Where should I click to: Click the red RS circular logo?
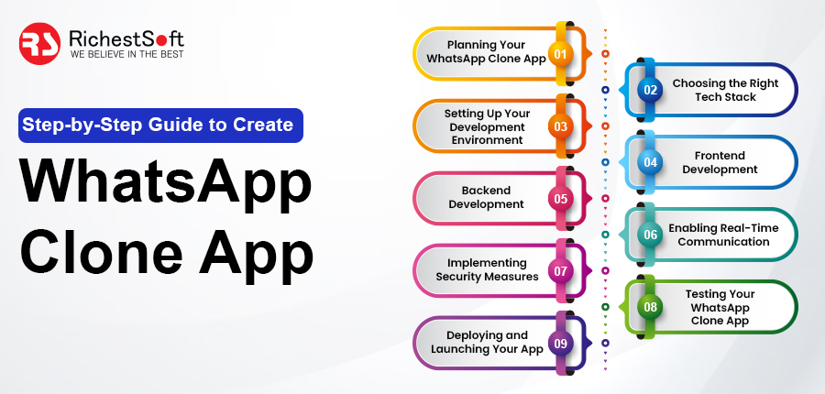(x=39, y=44)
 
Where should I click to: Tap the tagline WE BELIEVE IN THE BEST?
(x=126, y=54)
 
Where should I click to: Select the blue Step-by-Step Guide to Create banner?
(x=161, y=126)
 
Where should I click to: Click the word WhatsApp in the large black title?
(x=166, y=185)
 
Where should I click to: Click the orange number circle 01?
(x=560, y=54)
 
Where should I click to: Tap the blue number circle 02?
(x=650, y=90)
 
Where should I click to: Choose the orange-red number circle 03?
(x=560, y=126)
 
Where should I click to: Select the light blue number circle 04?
(x=650, y=162)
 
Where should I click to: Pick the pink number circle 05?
(x=560, y=199)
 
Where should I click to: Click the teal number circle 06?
(x=650, y=235)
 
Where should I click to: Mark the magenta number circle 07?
(x=560, y=271)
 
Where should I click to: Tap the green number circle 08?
(x=650, y=307)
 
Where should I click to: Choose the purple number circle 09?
(x=560, y=344)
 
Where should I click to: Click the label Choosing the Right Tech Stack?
(x=725, y=90)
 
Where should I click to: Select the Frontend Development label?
(x=720, y=162)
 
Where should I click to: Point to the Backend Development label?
(x=486, y=197)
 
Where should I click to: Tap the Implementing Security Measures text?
(x=487, y=269)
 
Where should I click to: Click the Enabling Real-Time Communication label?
(x=723, y=235)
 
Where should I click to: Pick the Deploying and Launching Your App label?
(x=487, y=342)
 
